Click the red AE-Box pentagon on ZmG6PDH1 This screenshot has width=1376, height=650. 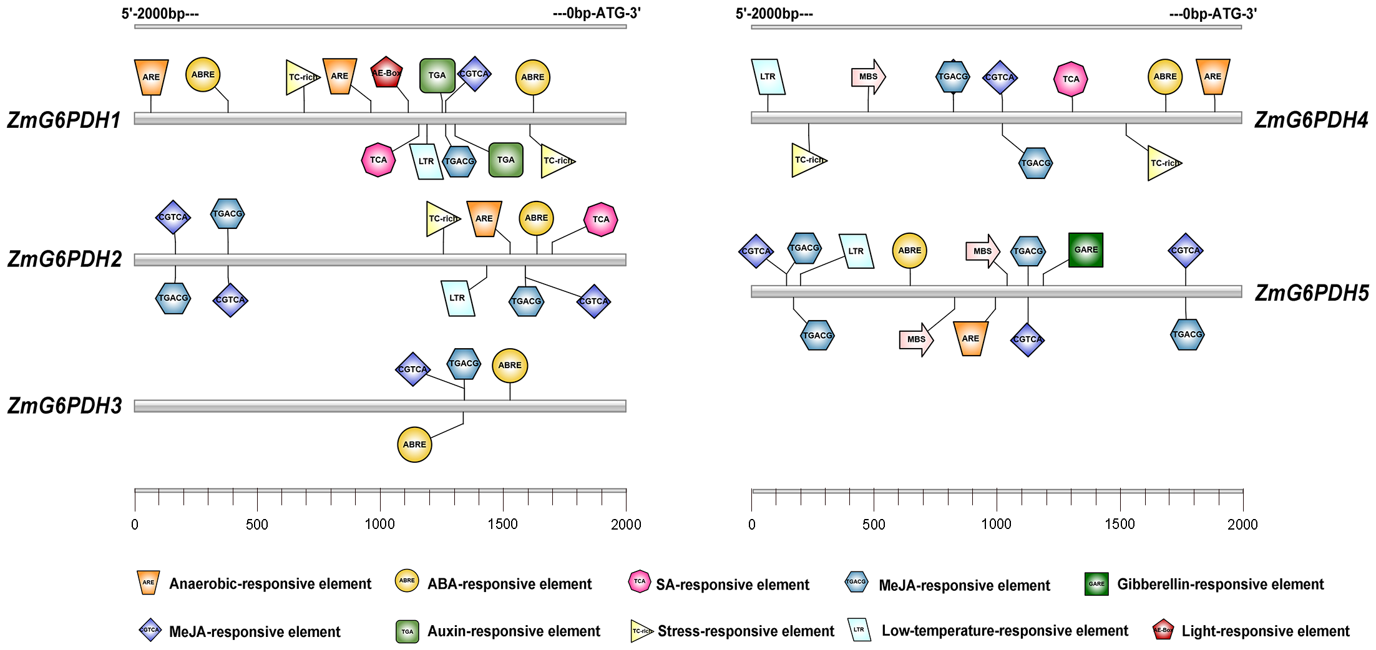coord(386,73)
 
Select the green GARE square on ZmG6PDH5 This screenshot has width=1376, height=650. coord(1086,250)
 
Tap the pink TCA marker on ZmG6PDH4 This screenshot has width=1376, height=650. coord(1071,79)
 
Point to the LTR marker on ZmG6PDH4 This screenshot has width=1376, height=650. coord(768,77)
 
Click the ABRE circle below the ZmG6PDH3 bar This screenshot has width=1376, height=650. coord(414,445)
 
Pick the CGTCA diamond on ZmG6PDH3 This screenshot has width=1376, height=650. coord(412,369)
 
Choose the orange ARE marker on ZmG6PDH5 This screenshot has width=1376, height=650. coord(970,339)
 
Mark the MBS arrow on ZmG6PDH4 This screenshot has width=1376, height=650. coord(868,77)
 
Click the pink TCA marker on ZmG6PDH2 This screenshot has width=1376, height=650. coord(601,220)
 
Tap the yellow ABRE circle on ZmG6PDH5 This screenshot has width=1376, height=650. coord(909,251)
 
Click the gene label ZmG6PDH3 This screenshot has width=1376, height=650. coord(65,406)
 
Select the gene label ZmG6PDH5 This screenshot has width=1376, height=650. coord(1312,293)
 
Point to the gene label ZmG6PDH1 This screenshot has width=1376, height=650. coord(64,120)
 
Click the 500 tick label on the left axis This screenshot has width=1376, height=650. coord(257,525)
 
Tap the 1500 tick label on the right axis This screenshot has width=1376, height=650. coord(1120,525)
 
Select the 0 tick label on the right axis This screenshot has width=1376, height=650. coord(752,525)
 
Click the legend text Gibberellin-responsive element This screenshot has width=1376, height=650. coord(1220,585)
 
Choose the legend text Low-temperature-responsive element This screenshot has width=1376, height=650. coord(1005,631)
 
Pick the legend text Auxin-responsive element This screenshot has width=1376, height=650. coord(514,631)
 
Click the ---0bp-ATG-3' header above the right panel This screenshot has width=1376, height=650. coord(1213,14)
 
